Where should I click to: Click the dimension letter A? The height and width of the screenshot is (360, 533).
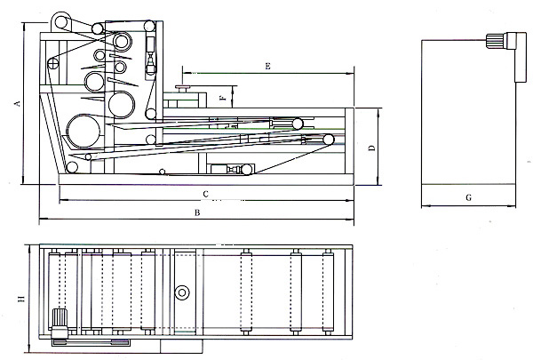[x=16, y=103]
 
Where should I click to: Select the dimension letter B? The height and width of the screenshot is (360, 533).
[x=197, y=212]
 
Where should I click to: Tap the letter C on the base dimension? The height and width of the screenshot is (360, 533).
[x=205, y=193]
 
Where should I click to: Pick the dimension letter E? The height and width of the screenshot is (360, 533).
[x=267, y=67]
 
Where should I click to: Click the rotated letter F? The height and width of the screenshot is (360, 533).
[x=221, y=99]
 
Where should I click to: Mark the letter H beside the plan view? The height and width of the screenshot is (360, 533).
[x=19, y=300]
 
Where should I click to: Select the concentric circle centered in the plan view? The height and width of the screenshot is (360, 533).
[x=183, y=292]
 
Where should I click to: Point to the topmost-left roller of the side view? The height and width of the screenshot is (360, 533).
[x=60, y=20]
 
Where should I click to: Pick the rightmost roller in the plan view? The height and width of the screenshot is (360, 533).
[x=333, y=293]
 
